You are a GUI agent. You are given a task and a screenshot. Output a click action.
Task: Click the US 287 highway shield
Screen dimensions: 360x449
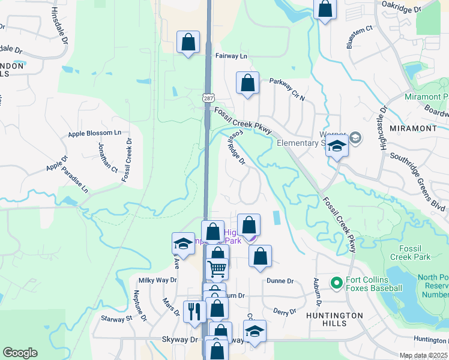pos(208,97)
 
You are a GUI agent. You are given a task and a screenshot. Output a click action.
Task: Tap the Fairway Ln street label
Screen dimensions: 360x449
pos(231,56)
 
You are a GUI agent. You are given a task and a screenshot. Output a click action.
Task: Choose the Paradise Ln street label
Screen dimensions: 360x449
pos(76,180)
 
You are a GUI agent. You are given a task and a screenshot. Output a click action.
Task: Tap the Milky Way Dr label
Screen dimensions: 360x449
pos(158,280)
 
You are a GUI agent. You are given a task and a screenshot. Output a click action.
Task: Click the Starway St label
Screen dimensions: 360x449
pos(116,318)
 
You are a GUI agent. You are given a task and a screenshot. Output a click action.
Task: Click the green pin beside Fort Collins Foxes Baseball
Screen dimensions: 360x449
pos(336,281)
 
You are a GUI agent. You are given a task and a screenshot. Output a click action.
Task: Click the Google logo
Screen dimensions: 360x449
pos(20,353)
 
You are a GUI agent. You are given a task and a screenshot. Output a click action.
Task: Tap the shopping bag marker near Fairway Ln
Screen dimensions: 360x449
pos(188,43)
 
